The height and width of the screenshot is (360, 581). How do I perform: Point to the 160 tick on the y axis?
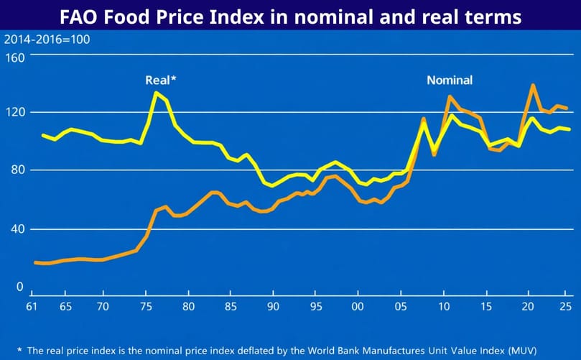[x=16, y=57]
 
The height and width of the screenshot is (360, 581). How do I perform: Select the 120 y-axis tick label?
[x=16, y=112]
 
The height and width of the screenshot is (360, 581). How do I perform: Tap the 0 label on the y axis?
[x=20, y=286]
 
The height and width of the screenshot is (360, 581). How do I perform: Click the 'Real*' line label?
[x=160, y=80]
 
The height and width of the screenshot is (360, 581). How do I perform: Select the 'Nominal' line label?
[x=450, y=80]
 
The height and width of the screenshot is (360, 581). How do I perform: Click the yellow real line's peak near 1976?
[x=156, y=93]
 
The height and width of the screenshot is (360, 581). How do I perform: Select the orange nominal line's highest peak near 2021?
[x=532, y=86]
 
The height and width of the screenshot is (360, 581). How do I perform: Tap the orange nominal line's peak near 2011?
[x=450, y=96]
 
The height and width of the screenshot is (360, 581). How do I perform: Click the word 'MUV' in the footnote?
[x=519, y=351]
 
